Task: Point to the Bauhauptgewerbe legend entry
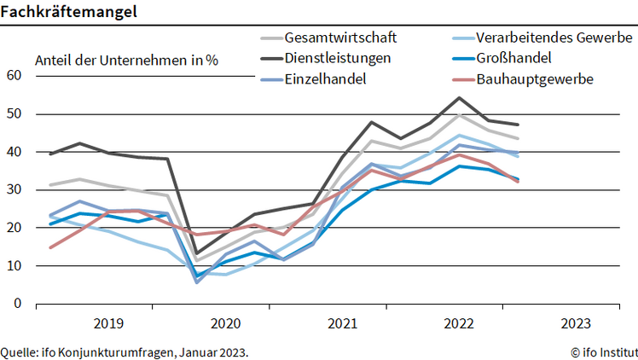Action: [535, 79]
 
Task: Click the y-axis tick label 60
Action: [14, 75]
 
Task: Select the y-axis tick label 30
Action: [14, 189]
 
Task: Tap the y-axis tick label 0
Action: [17, 304]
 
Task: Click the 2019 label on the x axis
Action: [108, 324]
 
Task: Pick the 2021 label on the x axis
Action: [342, 324]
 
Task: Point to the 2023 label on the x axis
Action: [576, 324]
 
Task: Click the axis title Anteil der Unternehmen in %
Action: [126, 60]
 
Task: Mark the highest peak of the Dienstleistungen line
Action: [459, 97]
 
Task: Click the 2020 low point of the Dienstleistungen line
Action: [197, 254]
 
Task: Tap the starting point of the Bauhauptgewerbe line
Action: [50, 247]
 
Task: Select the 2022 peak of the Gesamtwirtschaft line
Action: [459, 114]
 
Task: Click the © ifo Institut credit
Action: [603, 351]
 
